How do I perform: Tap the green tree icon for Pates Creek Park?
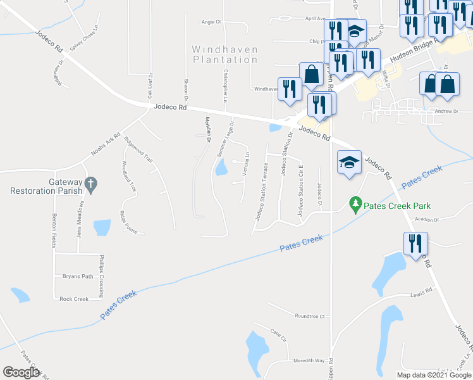pyautogui.click(x=355, y=204)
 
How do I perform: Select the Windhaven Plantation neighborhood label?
pyautogui.click(x=224, y=54)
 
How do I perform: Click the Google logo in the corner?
pyautogui.click(x=21, y=372)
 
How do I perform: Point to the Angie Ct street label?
pyautogui.click(x=211, y=22)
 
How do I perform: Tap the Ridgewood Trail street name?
pyautogui.click(x=139, y=150)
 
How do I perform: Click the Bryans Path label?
pyautogui.click(x=77, y=276)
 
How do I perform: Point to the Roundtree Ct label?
pyautogui.click(x=309, y=316)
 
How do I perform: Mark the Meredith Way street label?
pyautogui.click(x=309, y=360)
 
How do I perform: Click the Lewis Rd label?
pyautogui.click(x=421, y=291)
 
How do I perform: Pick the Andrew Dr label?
pyautogui.click(x=446, y=111)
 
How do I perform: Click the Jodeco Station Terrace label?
pyautogui.click(x=262, y=191)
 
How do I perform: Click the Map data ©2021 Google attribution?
pyautogui.click(x=433, y=375)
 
